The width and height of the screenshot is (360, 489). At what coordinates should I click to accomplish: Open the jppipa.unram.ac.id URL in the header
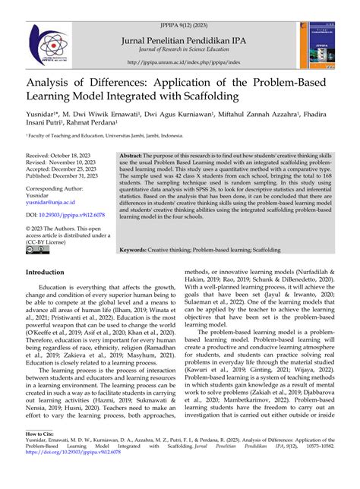[x=179, y=63]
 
